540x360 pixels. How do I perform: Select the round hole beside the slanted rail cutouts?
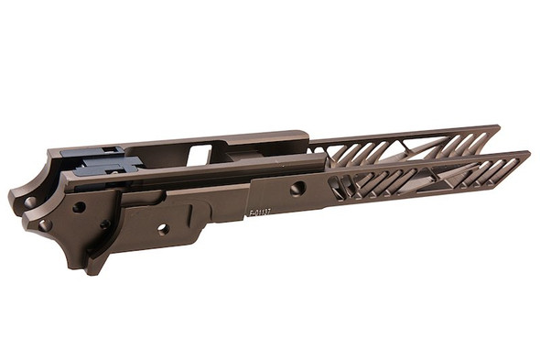click(297, 189)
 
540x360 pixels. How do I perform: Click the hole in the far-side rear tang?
click(30, 201)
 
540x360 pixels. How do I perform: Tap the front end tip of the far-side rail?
click(495, 131)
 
